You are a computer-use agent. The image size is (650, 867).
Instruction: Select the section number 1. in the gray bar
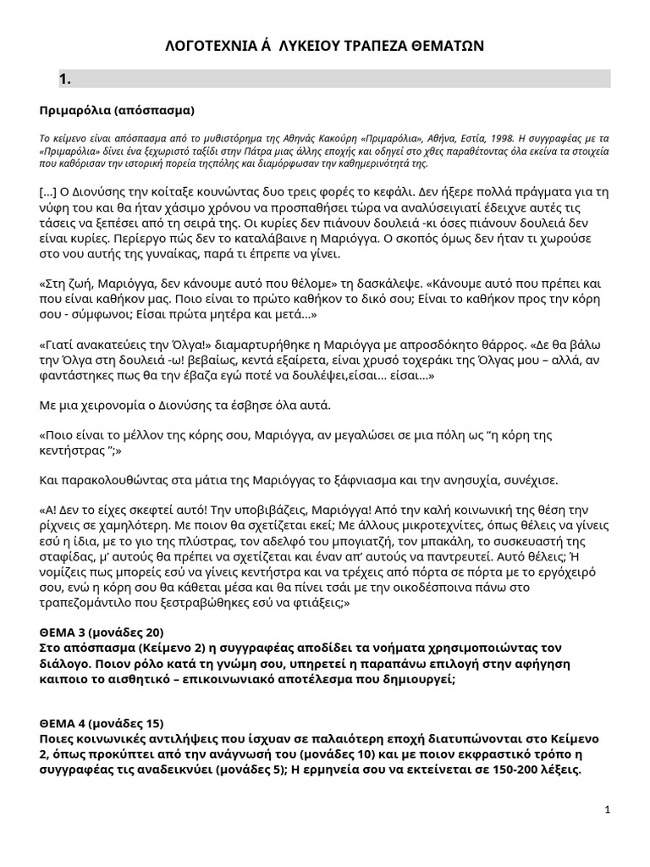[x=64, y=80]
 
